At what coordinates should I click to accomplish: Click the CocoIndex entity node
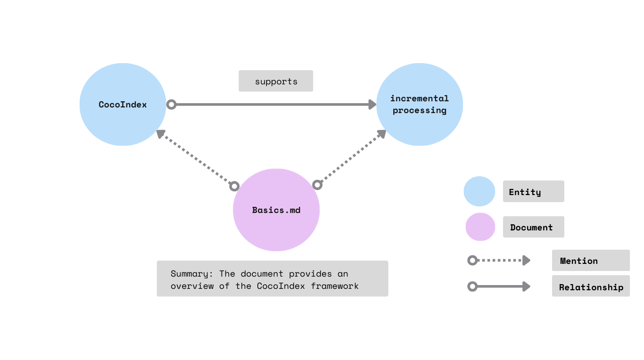pos(123,105)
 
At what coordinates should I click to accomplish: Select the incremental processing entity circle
pos(419,105)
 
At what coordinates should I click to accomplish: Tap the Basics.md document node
pos(276,210)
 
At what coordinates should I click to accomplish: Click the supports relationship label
pos(276,81)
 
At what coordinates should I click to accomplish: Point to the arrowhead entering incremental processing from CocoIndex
pos(372,105)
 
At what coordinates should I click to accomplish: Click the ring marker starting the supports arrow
pos(172,105)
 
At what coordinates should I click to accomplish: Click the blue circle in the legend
pos(479,192)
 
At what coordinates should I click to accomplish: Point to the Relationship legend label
pos(591,287)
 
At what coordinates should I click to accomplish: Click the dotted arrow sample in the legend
pos(500,261)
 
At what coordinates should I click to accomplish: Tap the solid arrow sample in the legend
pos(500,286)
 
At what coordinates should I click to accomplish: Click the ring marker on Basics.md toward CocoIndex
pos(234,186)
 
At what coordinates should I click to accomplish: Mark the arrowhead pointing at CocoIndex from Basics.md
pos(161,134)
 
